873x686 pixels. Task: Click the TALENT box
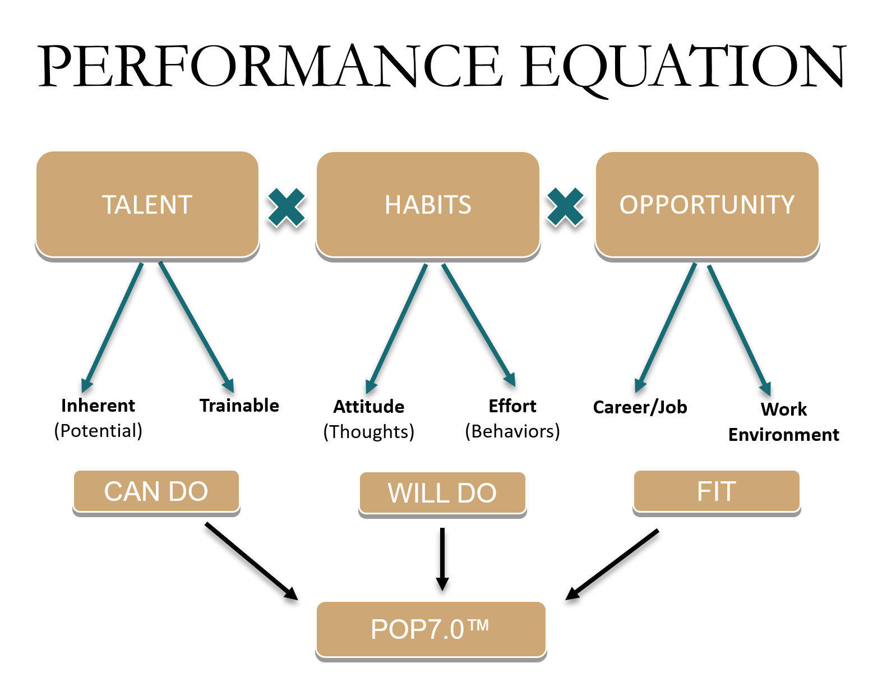(x=147, y=204)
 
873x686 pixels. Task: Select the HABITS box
(x=428, y=204)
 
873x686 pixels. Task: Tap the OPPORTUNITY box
(x=706, y=204)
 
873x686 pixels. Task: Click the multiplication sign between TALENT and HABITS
(x=287, y=207)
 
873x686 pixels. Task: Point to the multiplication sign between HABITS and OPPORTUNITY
(x=565, y=207)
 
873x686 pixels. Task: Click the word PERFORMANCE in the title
(x=269, y=66)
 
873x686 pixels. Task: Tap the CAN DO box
(x=156, y=491)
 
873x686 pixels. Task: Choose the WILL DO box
(x=442, y=493)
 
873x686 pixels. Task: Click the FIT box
(x=716, y=491)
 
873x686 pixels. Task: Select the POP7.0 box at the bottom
(x=430, y=629)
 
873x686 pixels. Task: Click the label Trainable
(x=239, y=405)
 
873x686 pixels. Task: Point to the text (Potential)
(x=98, y=431)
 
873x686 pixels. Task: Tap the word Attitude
(x=369, y=406)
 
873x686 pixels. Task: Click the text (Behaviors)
(x=512, y=431)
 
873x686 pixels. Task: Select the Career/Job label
(x=640, y=407)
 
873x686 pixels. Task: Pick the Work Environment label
(x=783, y=422)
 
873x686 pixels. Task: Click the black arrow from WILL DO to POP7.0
(x=442, y=558)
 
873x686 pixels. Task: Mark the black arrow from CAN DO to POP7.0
(x=251, y=561)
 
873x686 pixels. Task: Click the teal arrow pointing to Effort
(x=478, y=325)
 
